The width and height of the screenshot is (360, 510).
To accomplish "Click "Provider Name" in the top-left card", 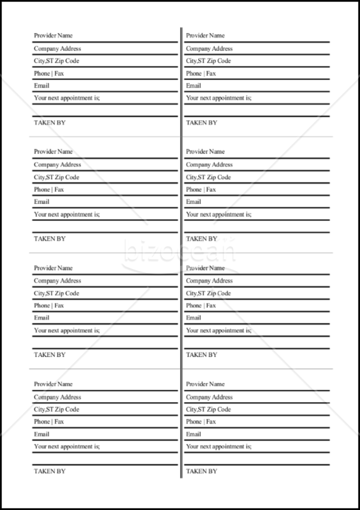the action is pyautogui.click(x=52, y=36).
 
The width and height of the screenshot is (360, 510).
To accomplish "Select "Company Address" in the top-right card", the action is pyautogui.click(x=209, y=48).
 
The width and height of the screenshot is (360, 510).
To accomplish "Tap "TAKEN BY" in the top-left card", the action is pyautogui.click(x=49, y=122).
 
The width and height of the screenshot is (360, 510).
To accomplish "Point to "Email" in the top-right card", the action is pyautogui.click(x=193, y=85).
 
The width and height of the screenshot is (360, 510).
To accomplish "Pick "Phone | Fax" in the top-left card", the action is pyautogui.click(x=48, y=73).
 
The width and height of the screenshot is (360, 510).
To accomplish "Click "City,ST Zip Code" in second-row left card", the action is pyautogui.click(x=57, y=177).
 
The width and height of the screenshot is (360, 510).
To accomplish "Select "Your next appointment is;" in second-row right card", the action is pyautogui.click(x=219, y=214).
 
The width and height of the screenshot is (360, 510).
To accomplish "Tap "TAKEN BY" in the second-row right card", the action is pyautogui.click(x=201, y=238).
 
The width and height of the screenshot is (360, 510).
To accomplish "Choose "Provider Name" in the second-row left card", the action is pyautogui.click(x=52, y=152).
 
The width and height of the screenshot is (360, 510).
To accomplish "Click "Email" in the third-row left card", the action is pyautogui.click(x=41, y=317).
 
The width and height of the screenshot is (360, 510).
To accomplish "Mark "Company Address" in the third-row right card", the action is pyautogui.click(x=209, y=280).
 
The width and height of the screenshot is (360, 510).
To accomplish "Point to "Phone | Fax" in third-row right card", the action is pyautogui.click(x=201, y=305).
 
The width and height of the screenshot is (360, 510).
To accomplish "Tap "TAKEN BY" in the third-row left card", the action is pyautogui.click(x=49, y=354).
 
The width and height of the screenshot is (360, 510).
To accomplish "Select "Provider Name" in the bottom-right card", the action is pyautogui.click(x=205, y=384).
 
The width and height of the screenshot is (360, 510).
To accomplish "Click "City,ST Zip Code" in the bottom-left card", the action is pyautogui.click(x=57, y=409).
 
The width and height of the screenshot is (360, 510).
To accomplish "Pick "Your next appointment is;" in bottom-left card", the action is pyautogui.click(x=67, y=446).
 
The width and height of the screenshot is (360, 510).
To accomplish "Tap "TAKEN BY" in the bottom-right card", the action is pyautogui.click(x=201, y=471).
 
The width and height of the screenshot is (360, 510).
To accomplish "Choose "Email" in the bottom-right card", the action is pyautogui.click(x=193, y=434).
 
